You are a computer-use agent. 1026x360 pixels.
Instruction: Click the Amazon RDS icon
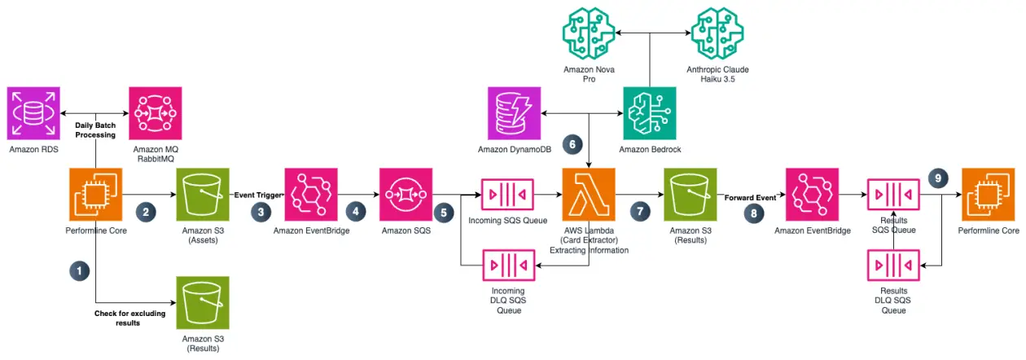[x=33, y=113]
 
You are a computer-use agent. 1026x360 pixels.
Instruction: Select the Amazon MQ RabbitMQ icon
[x=156, y=113]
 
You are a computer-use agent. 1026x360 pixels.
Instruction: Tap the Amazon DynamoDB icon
[x=515, y=113]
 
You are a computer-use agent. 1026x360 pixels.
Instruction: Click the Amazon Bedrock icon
[x=650, y=113]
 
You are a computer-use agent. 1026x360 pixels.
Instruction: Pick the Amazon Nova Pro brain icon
[x=589, y=33]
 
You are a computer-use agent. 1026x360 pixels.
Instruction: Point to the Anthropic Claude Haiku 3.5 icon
[x=717, y=33]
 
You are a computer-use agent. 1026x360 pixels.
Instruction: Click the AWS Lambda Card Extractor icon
[x=589, y=194]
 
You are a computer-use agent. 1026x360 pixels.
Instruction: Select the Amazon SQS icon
[x=406, y=194]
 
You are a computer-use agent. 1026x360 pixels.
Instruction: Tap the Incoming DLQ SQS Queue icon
[x=508, y=266]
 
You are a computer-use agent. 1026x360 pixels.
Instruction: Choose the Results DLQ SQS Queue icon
[x=893, y=266]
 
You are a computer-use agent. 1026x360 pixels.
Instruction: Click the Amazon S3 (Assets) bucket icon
[x=203, y=194]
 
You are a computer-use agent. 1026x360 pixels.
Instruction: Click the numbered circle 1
[x=79, y=270]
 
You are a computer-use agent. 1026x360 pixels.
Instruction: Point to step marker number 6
[x=572, y=144]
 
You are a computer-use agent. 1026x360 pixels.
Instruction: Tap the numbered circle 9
[x=938, y=178]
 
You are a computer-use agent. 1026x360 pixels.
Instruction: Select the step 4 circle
[x=355, y=211]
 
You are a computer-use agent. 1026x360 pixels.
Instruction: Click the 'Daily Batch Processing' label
[x=95, y=130]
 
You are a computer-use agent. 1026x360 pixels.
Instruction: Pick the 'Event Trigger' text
[x=258, y=195]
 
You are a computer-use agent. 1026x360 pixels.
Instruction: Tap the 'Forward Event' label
[x=750, y=198]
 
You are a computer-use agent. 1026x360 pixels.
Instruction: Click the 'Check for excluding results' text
[x=129, y=318]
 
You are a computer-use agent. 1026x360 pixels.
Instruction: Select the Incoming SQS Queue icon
[x=507, y=194]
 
